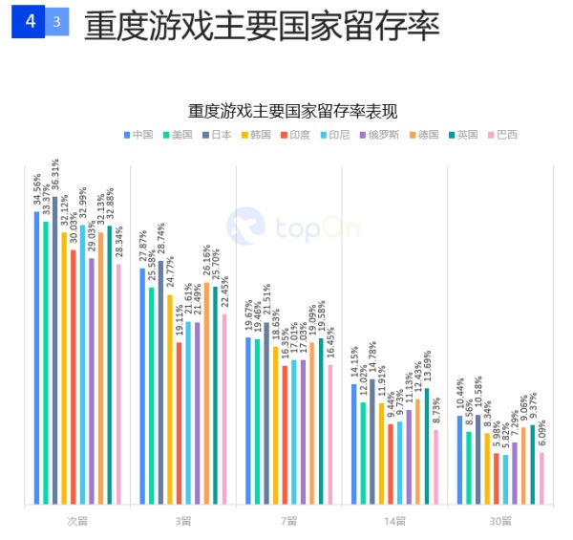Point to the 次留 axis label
77,521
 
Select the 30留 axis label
500,521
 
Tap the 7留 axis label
288,521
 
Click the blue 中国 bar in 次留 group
36,357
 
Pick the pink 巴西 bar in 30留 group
541,478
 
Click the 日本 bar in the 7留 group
266,413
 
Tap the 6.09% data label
541,435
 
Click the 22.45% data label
225,292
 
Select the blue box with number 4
31,21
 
